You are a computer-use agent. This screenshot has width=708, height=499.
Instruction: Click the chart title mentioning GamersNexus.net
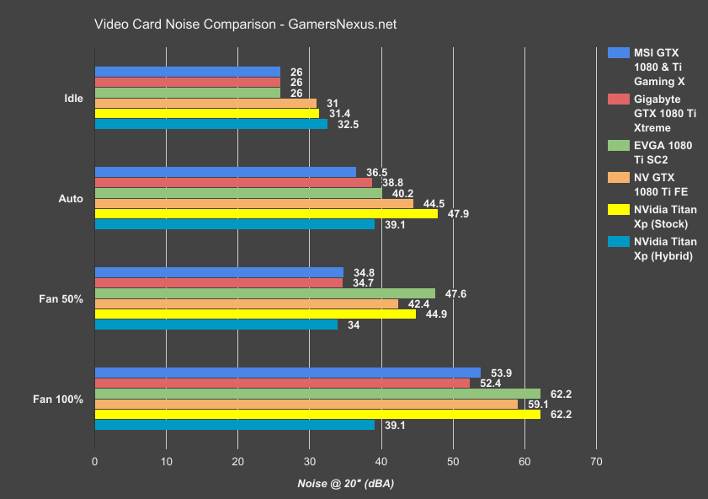[x=245, y=24]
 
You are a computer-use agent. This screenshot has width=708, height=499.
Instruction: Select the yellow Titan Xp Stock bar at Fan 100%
[x=317, y=414]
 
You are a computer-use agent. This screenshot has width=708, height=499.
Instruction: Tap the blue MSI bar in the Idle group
[x=187, y=72]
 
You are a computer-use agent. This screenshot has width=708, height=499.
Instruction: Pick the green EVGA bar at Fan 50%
[x=265, y=293]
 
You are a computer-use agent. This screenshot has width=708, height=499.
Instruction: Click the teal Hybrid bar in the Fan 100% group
[x=235, y=425]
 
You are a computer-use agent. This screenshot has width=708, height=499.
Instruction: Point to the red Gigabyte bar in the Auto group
[x=233, y=182]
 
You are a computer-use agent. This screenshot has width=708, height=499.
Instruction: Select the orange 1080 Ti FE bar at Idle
[x=205, y=103]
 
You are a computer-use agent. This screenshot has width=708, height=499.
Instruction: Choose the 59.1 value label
[x=537, y=404]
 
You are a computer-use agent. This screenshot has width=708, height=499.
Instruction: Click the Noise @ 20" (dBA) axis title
[x=346, y=484]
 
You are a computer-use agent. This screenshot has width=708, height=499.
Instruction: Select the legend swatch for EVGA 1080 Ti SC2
[x=617, y=146]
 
